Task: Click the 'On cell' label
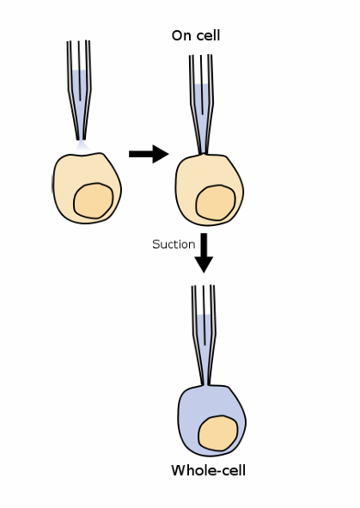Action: tap(196, 36)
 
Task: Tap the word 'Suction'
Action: tap(174, 244)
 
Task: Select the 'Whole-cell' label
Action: tap(208, 470)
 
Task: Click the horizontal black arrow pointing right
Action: tap(148, 154)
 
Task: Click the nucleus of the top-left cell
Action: tap(93, 200)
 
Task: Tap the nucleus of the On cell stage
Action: tap(215, 202)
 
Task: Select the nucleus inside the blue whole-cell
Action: tap(218, 433)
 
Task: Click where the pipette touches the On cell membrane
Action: tap(204, 154)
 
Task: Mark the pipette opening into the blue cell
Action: tap(205, 386)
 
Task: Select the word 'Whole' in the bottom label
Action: tap(191, 470)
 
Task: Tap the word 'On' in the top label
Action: tap(180, 36)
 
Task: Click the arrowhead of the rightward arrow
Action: tap(161, 154)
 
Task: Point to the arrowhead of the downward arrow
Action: tap(204, 264)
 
